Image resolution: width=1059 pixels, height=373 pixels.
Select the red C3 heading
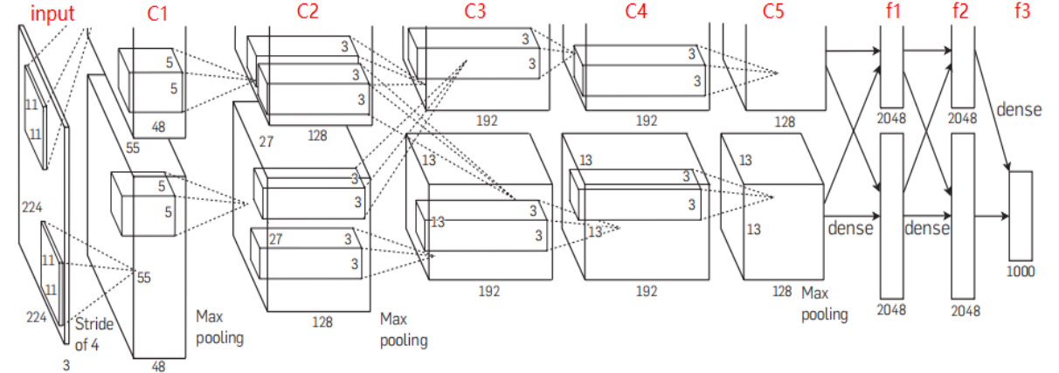coord(476,12)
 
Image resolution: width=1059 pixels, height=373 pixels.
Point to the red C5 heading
coord(774,12)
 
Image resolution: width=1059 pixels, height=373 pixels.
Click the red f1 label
coord(891,12)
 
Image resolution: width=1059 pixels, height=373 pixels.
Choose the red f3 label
coord(1021,12)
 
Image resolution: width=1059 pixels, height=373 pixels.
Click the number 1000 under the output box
coord(1020,271)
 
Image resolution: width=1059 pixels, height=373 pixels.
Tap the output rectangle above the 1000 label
coord(1021,215)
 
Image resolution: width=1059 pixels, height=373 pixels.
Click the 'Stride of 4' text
coord(93,334)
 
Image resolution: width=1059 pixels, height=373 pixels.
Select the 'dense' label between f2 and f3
coord(1018,110)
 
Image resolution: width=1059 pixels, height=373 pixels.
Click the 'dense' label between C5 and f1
coord(850,229)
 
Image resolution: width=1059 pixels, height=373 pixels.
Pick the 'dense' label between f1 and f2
coord(927,229)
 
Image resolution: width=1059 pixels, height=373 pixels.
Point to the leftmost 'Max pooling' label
coord(219,325)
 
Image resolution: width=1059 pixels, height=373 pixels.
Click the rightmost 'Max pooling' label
coord(824,303)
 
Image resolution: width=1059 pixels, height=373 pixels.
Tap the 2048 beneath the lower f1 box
coord(891,309)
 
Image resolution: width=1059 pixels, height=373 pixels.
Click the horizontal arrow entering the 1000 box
coord(991,215)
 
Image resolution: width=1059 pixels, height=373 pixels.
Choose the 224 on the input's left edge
coord(32,207)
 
